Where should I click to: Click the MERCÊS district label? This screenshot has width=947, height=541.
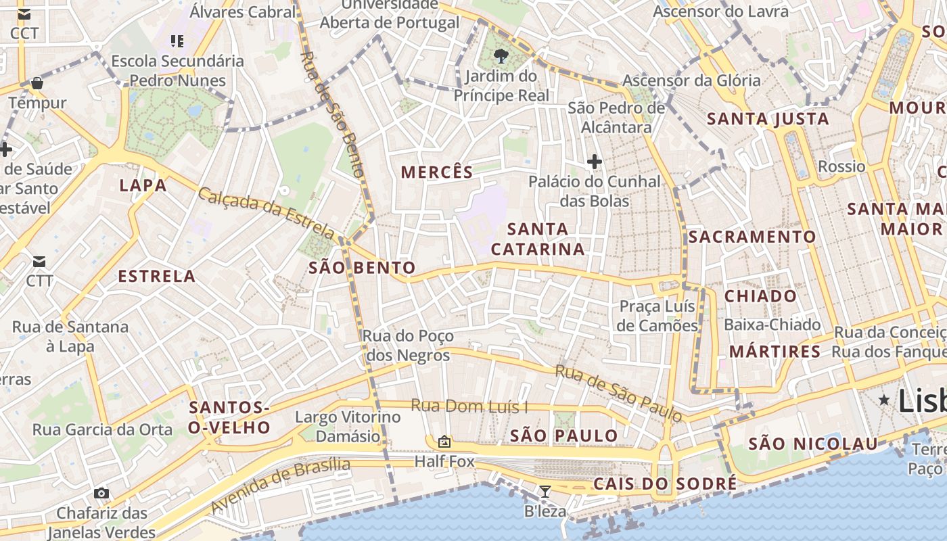(x=437, y=172)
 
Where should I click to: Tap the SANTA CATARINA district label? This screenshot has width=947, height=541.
(x=538, y=239)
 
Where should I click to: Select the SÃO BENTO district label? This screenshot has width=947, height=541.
(x=362, y=268)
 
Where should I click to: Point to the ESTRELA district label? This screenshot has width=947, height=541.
(x=157, y=276)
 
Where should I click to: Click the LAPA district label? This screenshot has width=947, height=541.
(x=143, y=185)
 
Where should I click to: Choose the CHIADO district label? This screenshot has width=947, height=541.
(x=760, y=296)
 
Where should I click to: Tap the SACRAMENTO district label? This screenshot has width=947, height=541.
(x=752, y=237)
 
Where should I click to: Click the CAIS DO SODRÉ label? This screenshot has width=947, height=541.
(x=664, y=484)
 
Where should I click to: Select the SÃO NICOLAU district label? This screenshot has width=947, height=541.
(x=813, y=444)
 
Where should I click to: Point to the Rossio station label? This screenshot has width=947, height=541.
(x=841, y=166)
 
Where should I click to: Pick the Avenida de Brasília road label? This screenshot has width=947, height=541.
(x=280, y=484)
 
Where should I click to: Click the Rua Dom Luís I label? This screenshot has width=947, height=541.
(x=469, y=406)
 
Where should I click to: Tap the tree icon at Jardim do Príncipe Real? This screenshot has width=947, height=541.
(x=501, y=56)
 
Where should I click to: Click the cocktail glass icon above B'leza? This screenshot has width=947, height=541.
(x=545, y=492)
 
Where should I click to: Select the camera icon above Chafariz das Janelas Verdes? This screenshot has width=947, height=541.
(x=101, y=494)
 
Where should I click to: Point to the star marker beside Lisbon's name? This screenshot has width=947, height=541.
(x=883, y=400)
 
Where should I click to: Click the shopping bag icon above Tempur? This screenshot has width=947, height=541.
(x=37, y=83)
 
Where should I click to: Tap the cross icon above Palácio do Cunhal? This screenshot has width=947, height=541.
(x=595, y=162)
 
